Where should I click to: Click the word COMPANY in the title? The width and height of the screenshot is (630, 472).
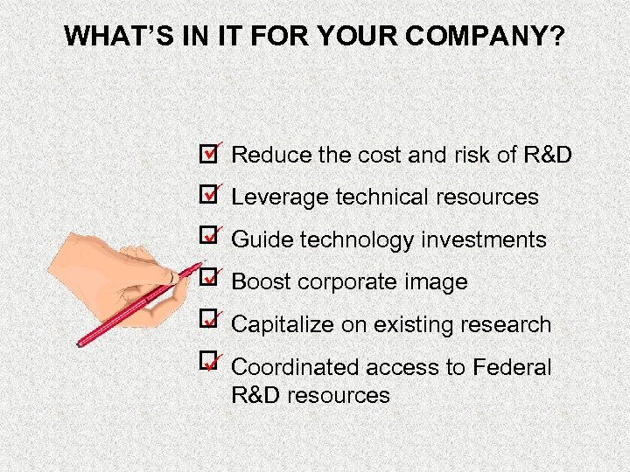tap(475, 36)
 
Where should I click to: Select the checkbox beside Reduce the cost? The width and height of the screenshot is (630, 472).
tap(207, 155)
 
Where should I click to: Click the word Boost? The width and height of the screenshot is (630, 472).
tap(261, 282)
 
